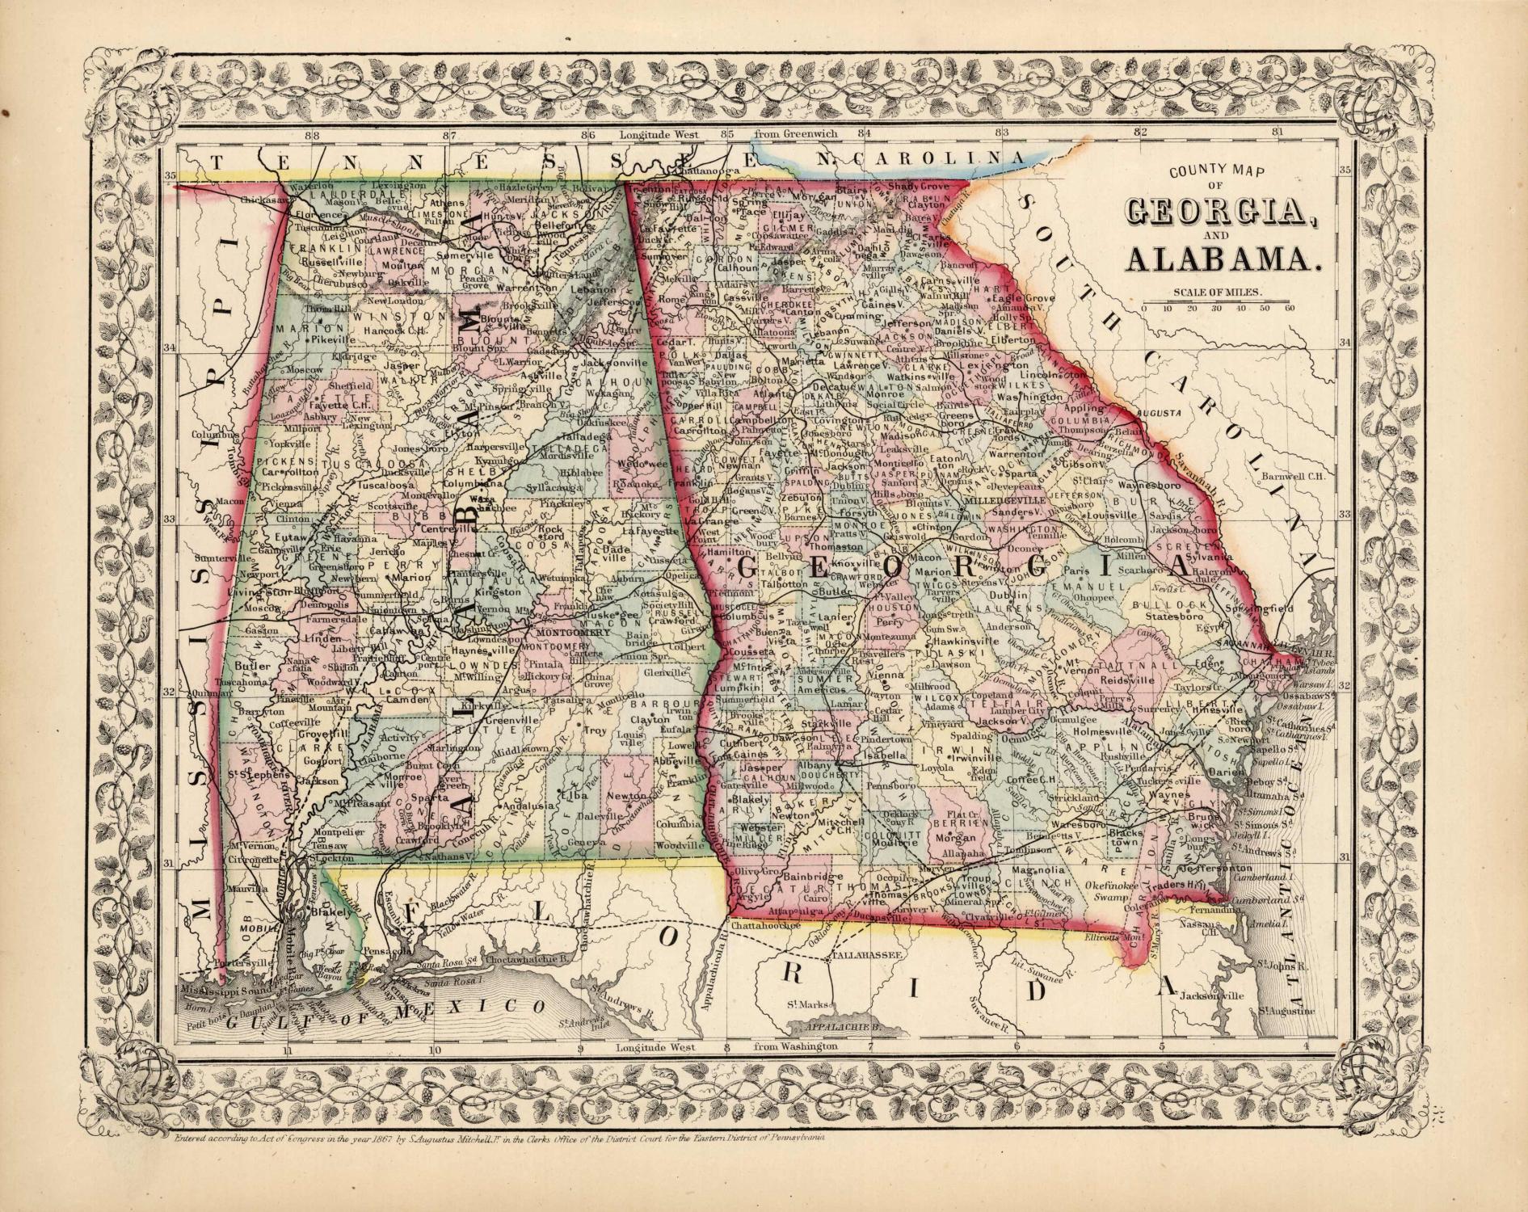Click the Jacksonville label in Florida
[1210, 996]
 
